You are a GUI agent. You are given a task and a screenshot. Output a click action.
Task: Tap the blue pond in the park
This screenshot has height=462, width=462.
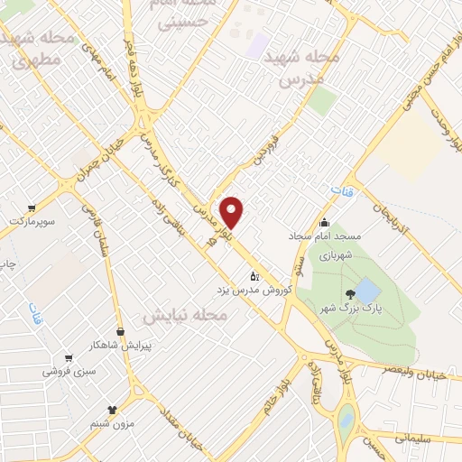367,291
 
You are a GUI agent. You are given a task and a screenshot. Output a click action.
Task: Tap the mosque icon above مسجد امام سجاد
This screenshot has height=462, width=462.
325,223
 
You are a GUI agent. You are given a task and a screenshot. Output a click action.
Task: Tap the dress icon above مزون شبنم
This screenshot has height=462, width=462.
113,409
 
